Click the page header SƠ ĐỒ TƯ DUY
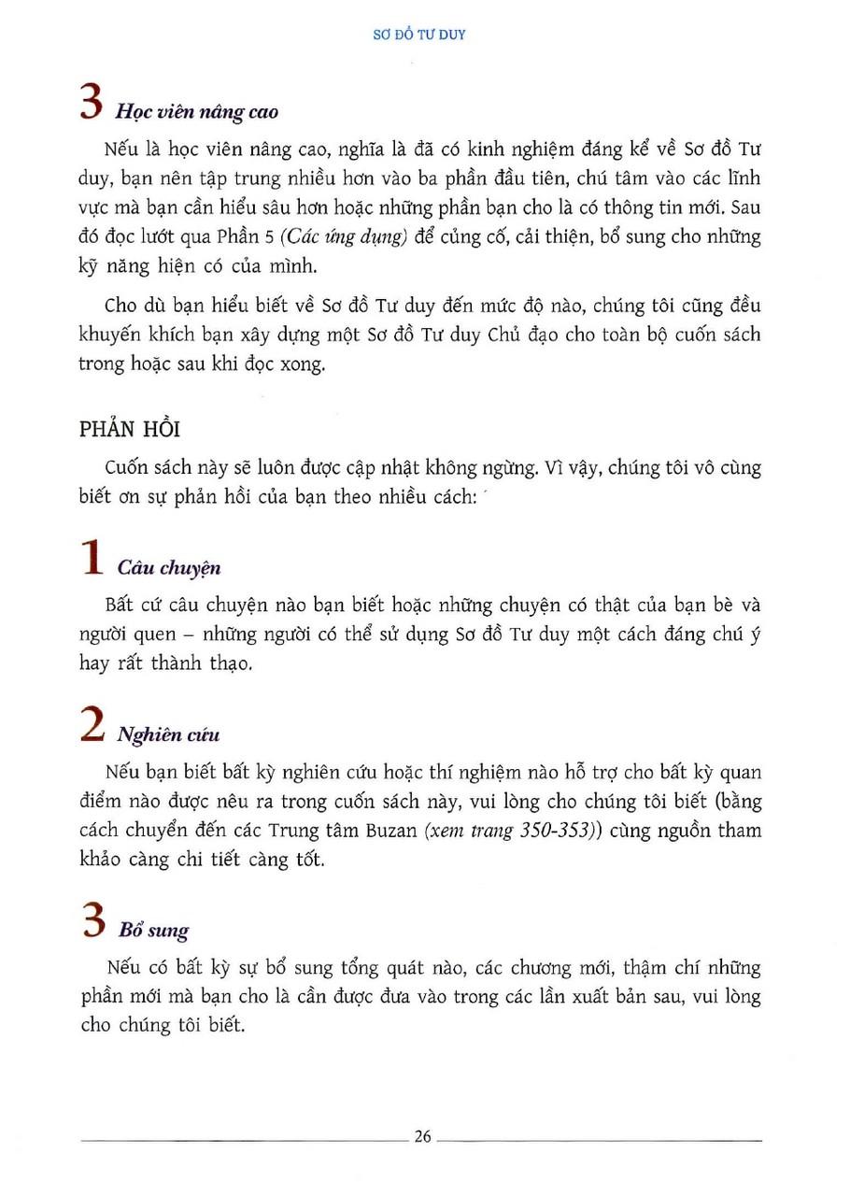(425, 36)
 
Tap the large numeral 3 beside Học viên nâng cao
(91, 103)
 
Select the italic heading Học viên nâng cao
(196, 111)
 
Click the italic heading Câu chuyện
(169, 568)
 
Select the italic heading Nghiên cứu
(168, 734)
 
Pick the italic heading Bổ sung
(153, 931)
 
